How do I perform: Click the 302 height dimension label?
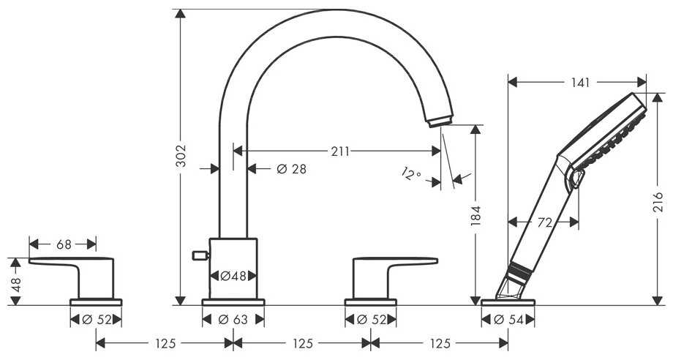point(181,155)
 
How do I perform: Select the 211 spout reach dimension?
point(340,151)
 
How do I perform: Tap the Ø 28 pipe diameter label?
point(291,169)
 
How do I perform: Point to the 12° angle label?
point(411,173)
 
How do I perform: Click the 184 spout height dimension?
point(475,216)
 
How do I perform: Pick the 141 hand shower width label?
point(580,83)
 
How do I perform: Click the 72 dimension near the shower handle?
point(544,222)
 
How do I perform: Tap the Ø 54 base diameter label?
point(508,320)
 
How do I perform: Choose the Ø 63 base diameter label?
point(233,320)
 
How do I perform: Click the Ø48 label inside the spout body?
point(233,276)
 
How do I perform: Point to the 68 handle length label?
point(64,244)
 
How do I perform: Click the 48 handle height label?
point(16,284)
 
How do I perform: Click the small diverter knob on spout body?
point(200,256)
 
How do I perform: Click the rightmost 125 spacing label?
point(440,343)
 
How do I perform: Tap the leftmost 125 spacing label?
point(165,343)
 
